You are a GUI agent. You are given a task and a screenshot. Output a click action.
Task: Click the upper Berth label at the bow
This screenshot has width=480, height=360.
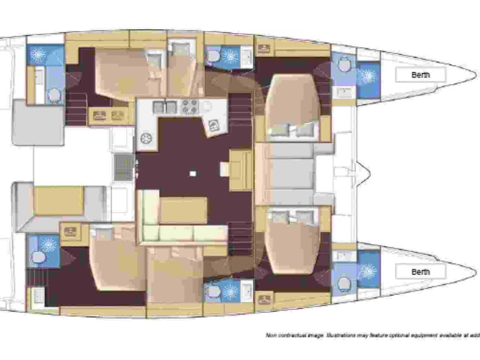(x=421, y=75)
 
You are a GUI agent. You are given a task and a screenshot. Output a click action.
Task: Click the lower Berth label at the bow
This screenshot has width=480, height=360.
(x=421, y=272)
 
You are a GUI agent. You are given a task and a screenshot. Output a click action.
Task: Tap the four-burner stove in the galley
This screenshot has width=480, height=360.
(x=189, y=107)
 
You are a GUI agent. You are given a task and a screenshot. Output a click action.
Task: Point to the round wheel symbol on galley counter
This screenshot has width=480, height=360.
(x=147, y=138)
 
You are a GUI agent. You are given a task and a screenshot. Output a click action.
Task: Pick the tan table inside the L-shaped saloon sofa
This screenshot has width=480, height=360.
(x=183, y=210)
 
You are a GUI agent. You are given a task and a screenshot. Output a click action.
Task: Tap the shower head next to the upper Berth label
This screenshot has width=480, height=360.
(x=367, y=76)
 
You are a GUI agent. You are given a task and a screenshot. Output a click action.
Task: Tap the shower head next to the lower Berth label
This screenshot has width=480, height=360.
(x=367, y=271)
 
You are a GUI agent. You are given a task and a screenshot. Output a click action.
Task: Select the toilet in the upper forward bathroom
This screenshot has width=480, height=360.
(x=343, y=64)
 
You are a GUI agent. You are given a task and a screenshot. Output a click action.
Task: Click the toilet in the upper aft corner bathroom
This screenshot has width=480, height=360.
(x=54, y=96)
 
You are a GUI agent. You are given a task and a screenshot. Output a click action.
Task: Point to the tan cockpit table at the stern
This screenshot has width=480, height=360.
(x=57, y=200)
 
